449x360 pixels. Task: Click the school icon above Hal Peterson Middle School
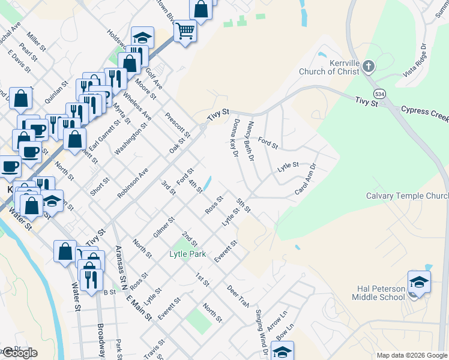point(418,281)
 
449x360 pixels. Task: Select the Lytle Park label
point(188,254)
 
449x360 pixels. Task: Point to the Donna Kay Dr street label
point(235,138)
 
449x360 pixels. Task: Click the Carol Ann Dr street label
point(306,179)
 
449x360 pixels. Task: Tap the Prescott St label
point(177,124)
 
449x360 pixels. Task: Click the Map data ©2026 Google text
point(411,355)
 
